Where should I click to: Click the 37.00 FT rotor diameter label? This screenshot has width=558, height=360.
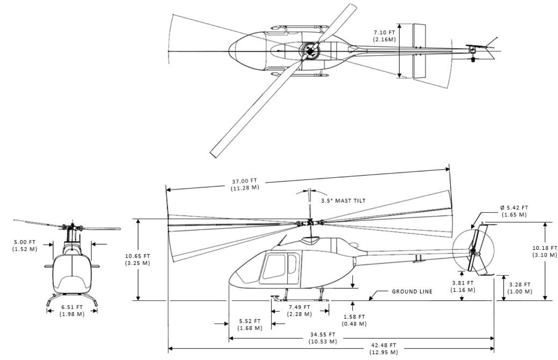pos(245,184)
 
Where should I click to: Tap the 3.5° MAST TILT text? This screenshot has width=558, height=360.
pos(343,201)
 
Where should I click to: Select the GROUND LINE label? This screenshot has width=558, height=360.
pos(412,291)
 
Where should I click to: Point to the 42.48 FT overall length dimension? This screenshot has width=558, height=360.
pos(383,349)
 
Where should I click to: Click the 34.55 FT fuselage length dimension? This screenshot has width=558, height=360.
pos(323,338)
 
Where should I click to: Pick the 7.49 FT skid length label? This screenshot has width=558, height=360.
pos(299,311)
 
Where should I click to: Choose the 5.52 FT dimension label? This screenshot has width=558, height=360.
pos(250,324)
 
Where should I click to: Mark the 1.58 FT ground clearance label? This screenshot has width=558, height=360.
pos(354,320)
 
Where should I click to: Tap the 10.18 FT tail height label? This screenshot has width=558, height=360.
pos(545,251)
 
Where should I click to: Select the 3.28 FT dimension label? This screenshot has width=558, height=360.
pos(520,288)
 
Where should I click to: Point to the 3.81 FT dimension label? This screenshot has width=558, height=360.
pos(463,286)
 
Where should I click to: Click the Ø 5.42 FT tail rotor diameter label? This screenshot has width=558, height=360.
pos(514,211)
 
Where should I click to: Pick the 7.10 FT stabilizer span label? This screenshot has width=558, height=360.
pos(384,36)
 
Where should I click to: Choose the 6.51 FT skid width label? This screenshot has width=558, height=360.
pos(72,310)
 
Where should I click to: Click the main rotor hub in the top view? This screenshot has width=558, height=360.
pos(310,51)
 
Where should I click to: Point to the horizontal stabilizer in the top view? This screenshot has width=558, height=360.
pos(419,51)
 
